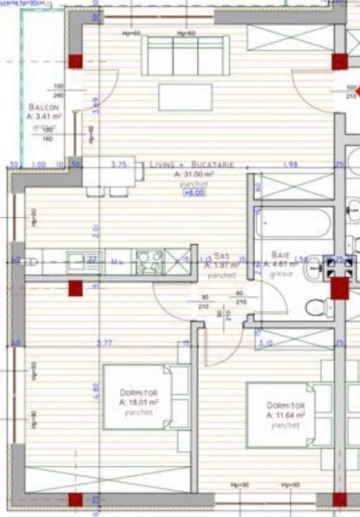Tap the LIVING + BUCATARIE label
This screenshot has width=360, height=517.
click(x=192, y=165)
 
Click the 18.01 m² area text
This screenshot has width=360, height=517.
click(x=139, y=403)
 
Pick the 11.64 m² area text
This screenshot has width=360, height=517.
click(x=286, y=416)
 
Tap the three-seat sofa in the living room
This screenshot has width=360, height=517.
click(x=185, y=55)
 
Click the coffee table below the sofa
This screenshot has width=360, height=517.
click(x=185, y=97)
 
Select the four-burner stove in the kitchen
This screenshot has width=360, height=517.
click(x=150, y=262)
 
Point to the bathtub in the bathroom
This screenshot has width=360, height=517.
click(x=293, y=223)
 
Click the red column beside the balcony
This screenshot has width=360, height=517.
click(x=75, y=61)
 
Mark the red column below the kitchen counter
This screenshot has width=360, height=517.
click(x=75, y=289)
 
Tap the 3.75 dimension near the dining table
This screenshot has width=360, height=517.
click(x=119, y=164)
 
